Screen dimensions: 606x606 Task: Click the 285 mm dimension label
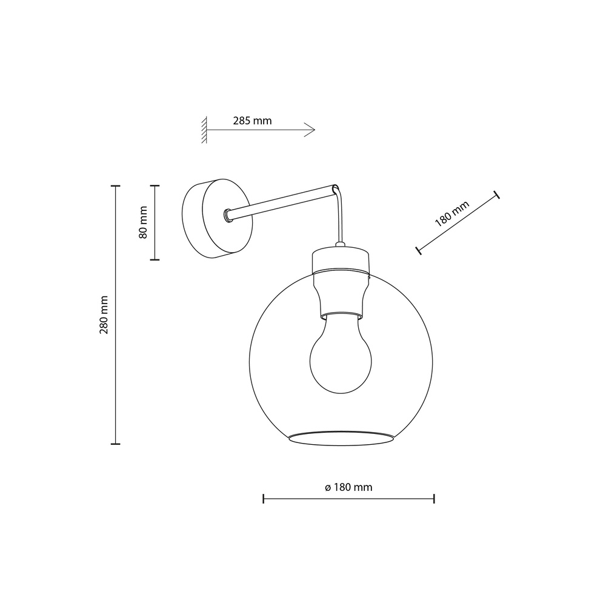point(252,121)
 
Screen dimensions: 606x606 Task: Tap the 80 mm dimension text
point(143,222)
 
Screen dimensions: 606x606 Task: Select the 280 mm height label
point(104,315)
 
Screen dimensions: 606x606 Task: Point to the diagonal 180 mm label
point(452,213)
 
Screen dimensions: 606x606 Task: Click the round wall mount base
point(215,218)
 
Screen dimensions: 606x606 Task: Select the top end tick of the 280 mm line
point(115,186)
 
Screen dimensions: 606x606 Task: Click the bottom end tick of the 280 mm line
point(115,444)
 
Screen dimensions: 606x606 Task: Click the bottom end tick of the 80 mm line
point(155,259)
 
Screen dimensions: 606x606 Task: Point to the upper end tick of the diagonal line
point(497,195)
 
